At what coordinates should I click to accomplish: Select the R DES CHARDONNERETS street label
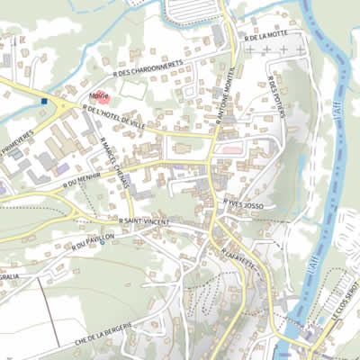click(148, 67)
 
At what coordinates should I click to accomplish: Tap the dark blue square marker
click(42, 102)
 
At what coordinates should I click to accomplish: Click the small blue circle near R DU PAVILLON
click(102, 242)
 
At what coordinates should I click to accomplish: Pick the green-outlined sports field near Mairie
click(132, 90)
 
